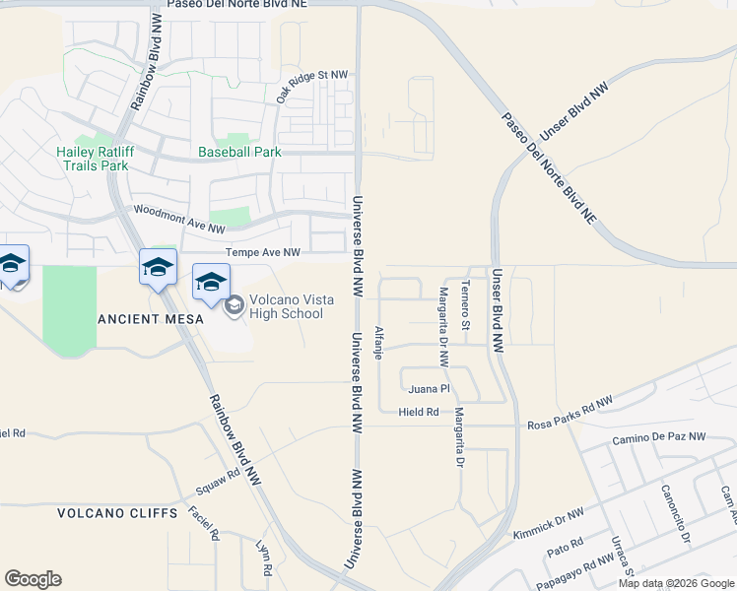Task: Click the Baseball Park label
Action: (239, 152)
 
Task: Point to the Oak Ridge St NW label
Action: (312, 86)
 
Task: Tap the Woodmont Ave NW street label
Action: (179, 219)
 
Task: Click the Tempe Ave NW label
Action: (263, 252)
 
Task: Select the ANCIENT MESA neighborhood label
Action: (151, 319)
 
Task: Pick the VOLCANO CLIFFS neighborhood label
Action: (117, 513)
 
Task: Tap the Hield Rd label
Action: (419, 412)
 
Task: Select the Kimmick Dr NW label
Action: (549, 521)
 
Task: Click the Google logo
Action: (33, 579)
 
